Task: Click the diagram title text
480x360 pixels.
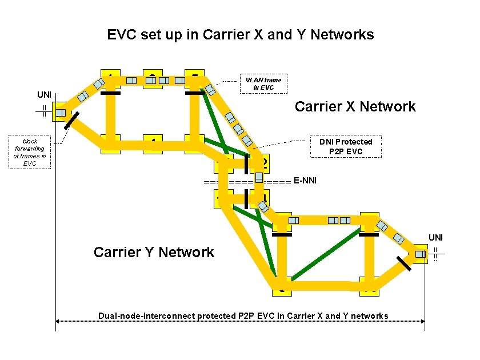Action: point(241,35)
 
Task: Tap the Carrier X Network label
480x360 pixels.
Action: point(355,106)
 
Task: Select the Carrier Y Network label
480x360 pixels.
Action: point(154,252)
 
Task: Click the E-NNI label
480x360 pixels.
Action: point(305,181)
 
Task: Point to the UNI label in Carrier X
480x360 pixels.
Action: point(44,94)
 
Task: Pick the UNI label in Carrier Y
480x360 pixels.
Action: point(436,237)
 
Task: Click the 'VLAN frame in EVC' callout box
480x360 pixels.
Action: point(263,83)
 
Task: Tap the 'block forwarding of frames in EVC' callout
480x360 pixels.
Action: point(30,152)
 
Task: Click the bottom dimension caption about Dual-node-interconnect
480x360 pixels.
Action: point(243,316)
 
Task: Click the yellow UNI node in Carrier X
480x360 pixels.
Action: point(59,112)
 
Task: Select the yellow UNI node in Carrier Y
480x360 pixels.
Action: point(421,254)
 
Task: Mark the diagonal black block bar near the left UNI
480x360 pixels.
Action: point(71,120)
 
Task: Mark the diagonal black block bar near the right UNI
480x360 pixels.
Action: point(404,264)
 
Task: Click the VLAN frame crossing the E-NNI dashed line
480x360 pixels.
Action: point(259,177)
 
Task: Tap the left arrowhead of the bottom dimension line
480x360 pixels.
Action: point(59,321)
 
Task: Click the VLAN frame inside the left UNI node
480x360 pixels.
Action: point(60,113)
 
